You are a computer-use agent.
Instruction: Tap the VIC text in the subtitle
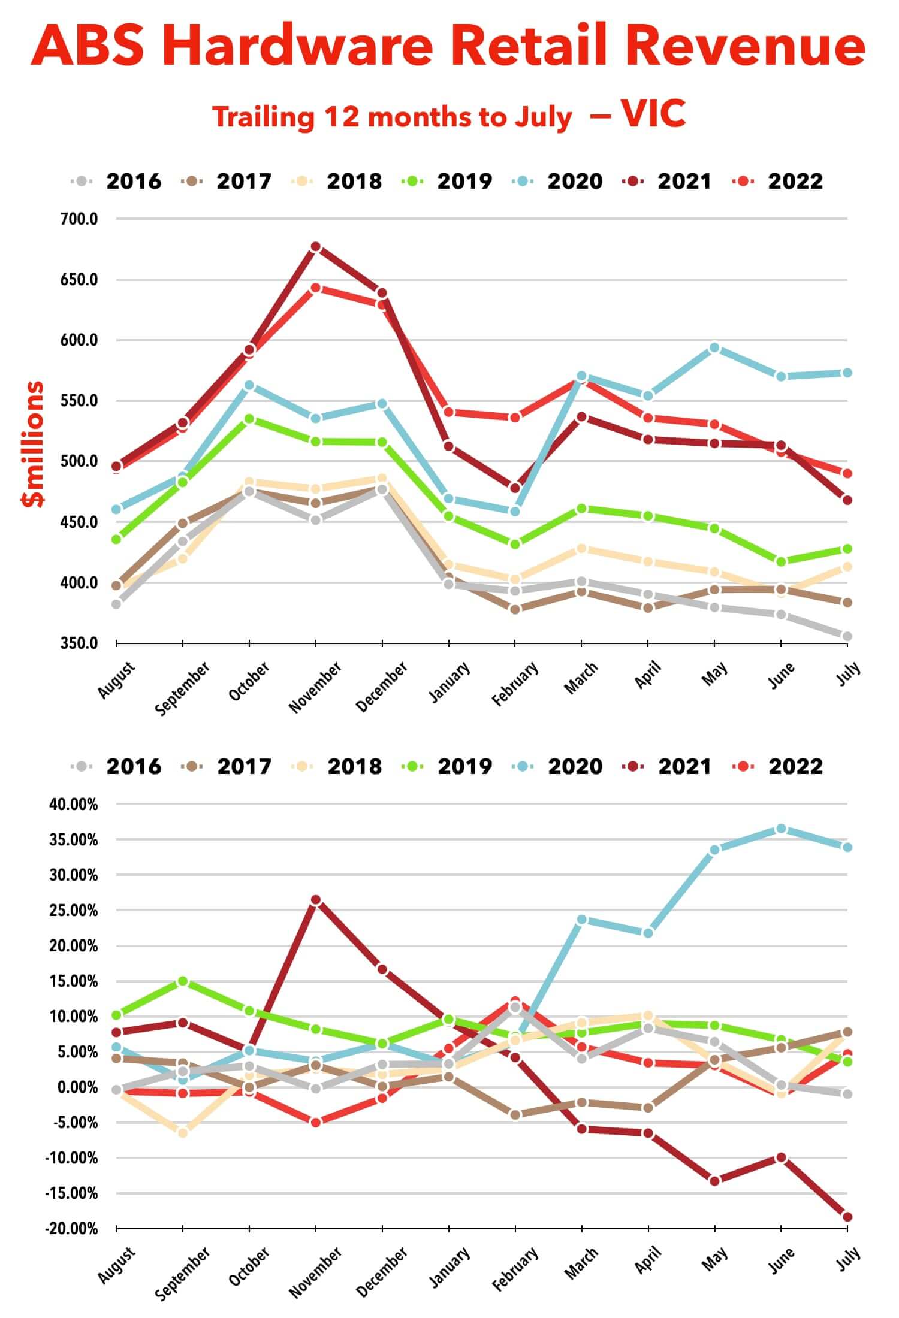click(x=653, y=113)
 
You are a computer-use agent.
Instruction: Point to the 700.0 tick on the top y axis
click(x=79, y=219)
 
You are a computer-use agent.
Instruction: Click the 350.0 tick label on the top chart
click(x=79, y=643)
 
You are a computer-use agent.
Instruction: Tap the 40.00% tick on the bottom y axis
click(x=73, y=805)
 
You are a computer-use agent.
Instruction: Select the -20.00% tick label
click(x=71, y=1229)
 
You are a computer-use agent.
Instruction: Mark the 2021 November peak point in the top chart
click(x=316, y=247)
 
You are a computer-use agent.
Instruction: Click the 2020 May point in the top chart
click(x=714, y=348)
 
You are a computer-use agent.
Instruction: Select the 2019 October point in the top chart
click(x=249, y=419)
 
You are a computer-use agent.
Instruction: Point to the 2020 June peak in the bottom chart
click(x=781, y=829)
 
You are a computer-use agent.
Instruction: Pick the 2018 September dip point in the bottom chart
click(x=183, y=1133)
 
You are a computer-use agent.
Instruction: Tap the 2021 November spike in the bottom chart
click(x=316, y=900)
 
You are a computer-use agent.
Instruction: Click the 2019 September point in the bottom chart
click(x=183, y=981)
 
